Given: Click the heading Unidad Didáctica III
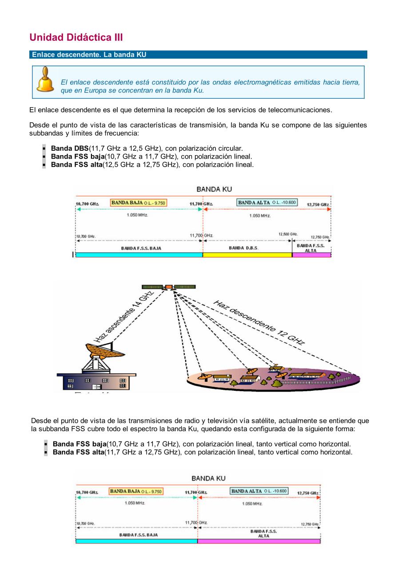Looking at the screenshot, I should point(76,37).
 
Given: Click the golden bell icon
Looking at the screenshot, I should point(45,80).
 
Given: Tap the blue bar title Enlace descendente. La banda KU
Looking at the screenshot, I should point(89,55).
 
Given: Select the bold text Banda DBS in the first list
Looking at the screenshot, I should point(70,148).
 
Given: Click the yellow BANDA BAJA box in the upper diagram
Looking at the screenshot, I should point(138,203).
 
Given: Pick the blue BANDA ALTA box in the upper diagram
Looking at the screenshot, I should point(267,203).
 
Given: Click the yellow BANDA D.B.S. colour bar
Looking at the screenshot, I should point(247,255).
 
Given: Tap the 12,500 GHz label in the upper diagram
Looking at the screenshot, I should point(288,234).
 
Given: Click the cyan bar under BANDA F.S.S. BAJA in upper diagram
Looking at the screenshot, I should point(139,255).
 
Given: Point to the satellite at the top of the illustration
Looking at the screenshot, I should point(169,287).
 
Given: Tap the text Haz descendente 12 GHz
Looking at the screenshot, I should point(259,323).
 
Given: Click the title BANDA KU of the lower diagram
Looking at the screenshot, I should point(208,478).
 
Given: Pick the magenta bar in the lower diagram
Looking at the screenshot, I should point(259,541).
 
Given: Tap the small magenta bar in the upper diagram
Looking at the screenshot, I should point(311,255).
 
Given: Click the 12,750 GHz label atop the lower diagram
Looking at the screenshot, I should point(308,493).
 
